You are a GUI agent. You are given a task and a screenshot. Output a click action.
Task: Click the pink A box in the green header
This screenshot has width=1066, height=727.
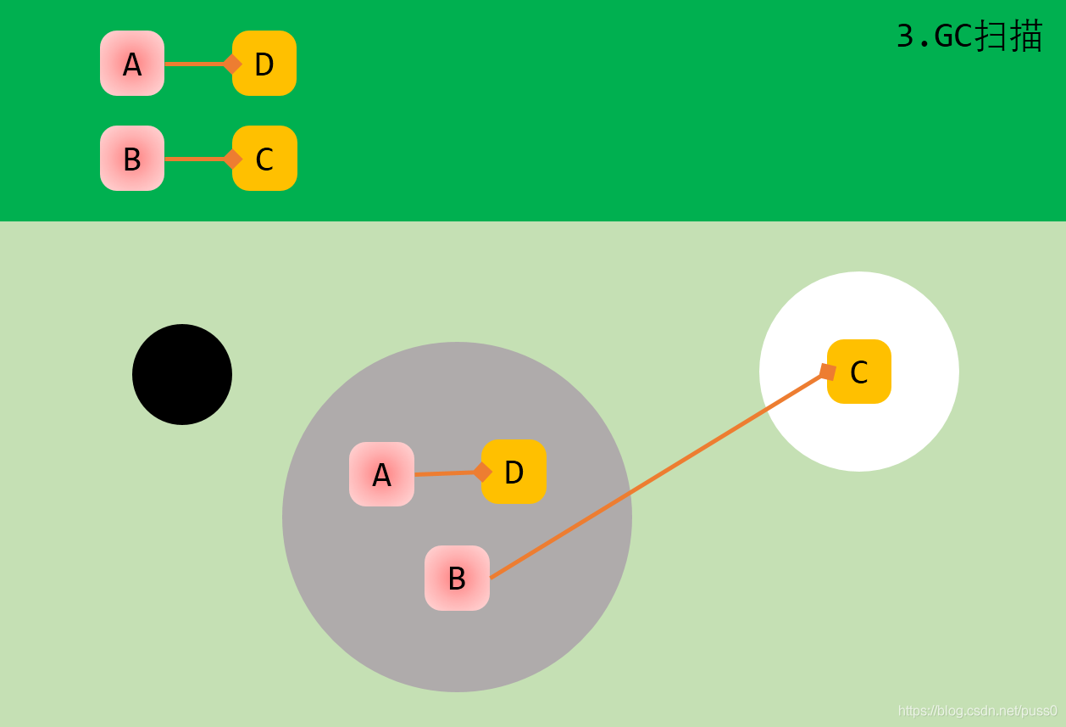(132, 64)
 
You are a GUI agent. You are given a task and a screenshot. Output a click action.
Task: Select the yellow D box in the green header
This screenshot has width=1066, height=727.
(265, 64)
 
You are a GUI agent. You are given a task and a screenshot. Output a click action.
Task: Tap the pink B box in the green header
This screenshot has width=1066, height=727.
(132, 159)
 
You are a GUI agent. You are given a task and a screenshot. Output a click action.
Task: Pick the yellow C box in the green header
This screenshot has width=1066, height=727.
(265, 159)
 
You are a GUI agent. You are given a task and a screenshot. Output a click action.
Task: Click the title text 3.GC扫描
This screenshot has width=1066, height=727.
(969, 36)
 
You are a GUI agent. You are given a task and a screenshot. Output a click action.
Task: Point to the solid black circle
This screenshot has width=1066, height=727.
(182, 374)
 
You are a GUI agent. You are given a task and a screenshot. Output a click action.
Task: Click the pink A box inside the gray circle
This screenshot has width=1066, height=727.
(381, 474)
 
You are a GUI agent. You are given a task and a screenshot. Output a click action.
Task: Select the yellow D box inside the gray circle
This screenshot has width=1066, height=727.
(514, 472)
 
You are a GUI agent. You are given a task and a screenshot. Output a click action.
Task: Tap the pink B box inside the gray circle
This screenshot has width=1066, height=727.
(457, 578)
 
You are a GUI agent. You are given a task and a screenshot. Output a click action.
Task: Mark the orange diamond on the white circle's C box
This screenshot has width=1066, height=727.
(827, 372)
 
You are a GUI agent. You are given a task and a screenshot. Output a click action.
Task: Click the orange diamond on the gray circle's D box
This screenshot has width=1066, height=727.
(482, 472)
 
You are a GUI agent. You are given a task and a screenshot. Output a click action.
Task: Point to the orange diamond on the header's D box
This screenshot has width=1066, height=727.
(232, 64)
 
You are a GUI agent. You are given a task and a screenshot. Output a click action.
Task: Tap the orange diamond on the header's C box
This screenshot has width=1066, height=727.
(232, 159)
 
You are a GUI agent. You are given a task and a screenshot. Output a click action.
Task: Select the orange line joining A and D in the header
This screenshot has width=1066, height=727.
(195, 64)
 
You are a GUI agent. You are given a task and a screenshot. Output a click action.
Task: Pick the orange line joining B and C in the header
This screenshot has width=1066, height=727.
(195, 159)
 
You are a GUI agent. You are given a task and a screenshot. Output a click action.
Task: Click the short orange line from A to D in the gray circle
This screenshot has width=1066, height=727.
(445, 473)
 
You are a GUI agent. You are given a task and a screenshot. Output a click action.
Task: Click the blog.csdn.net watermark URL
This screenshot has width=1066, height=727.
(977, 710)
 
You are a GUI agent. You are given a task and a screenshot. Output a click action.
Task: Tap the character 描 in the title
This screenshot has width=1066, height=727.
(1026, 36)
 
